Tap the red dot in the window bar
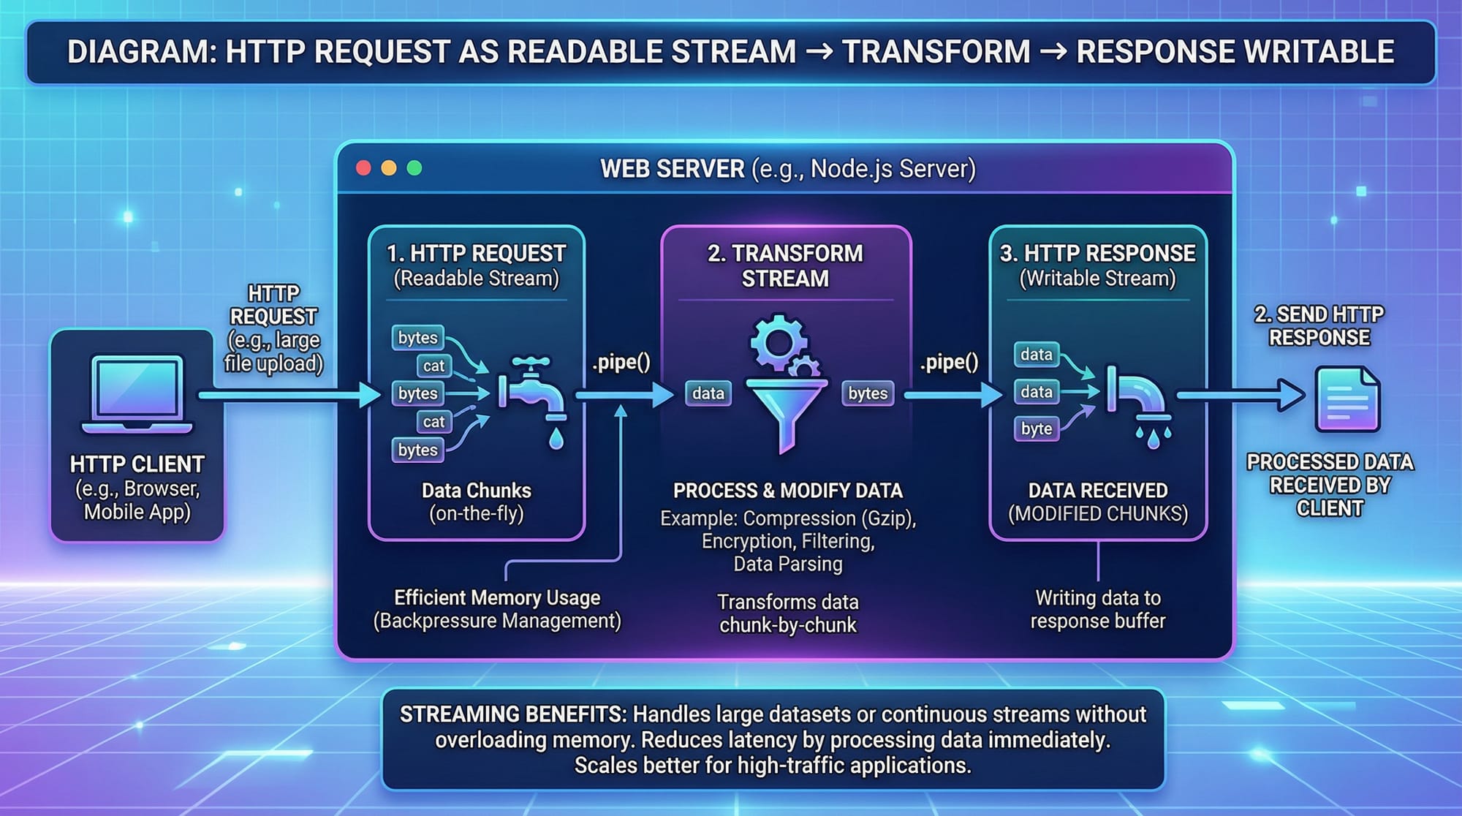click(x=363, y=168)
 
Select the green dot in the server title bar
click(x=414, y=168)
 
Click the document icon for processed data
click(x=1347, y=399)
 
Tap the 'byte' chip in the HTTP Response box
click(x=1037, y=428)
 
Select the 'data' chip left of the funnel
click(x=708, y=393)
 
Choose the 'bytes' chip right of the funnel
click(x=868, y=393)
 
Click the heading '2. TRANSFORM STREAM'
click(x=786, y=265)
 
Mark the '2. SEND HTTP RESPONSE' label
click(x=1319, y=326)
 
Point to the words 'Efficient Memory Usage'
click(x=497, y=597)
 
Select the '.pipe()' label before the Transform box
click(x=621, y=363)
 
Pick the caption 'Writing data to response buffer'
click(x=1098, y=609)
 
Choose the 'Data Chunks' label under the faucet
click(x=477, y=491)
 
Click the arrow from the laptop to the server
click(x=289, y=396)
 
